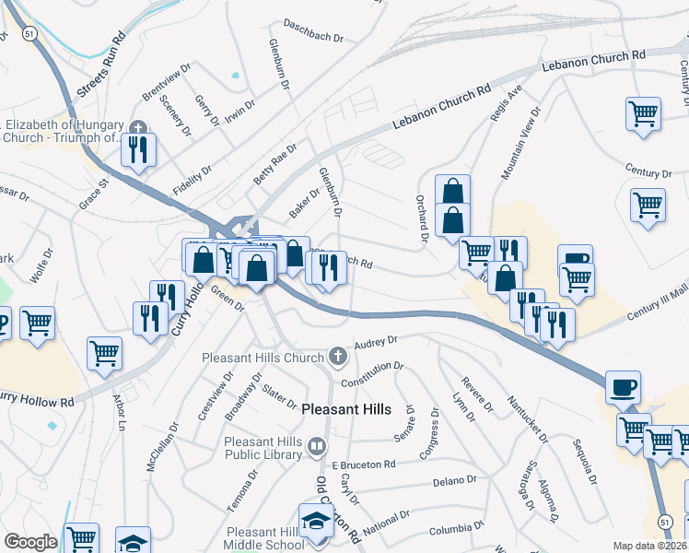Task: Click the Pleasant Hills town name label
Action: [345, 409]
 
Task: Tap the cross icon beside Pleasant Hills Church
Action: [338, 356]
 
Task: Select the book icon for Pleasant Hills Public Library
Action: [317, 448]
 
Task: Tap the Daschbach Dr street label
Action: [313, 31]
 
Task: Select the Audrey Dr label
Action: [375, 340]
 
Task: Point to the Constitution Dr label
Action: [372, 373]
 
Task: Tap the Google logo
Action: [30, 542]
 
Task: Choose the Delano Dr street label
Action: [455, 480]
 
